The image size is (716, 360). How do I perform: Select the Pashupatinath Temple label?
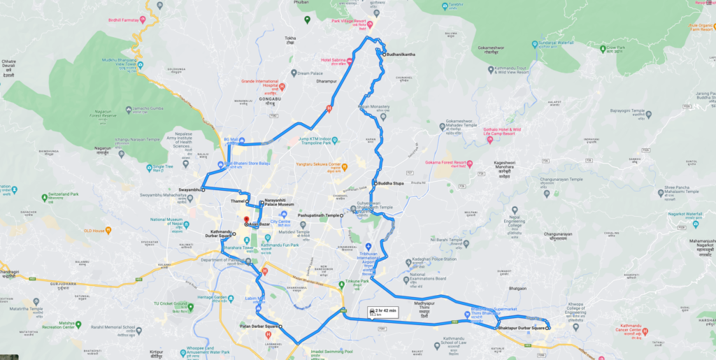point(318,216)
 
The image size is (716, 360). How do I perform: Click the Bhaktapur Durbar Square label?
point(520,328)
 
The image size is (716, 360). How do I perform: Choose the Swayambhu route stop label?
point(189,189)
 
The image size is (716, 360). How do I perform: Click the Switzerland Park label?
point(64,193)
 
